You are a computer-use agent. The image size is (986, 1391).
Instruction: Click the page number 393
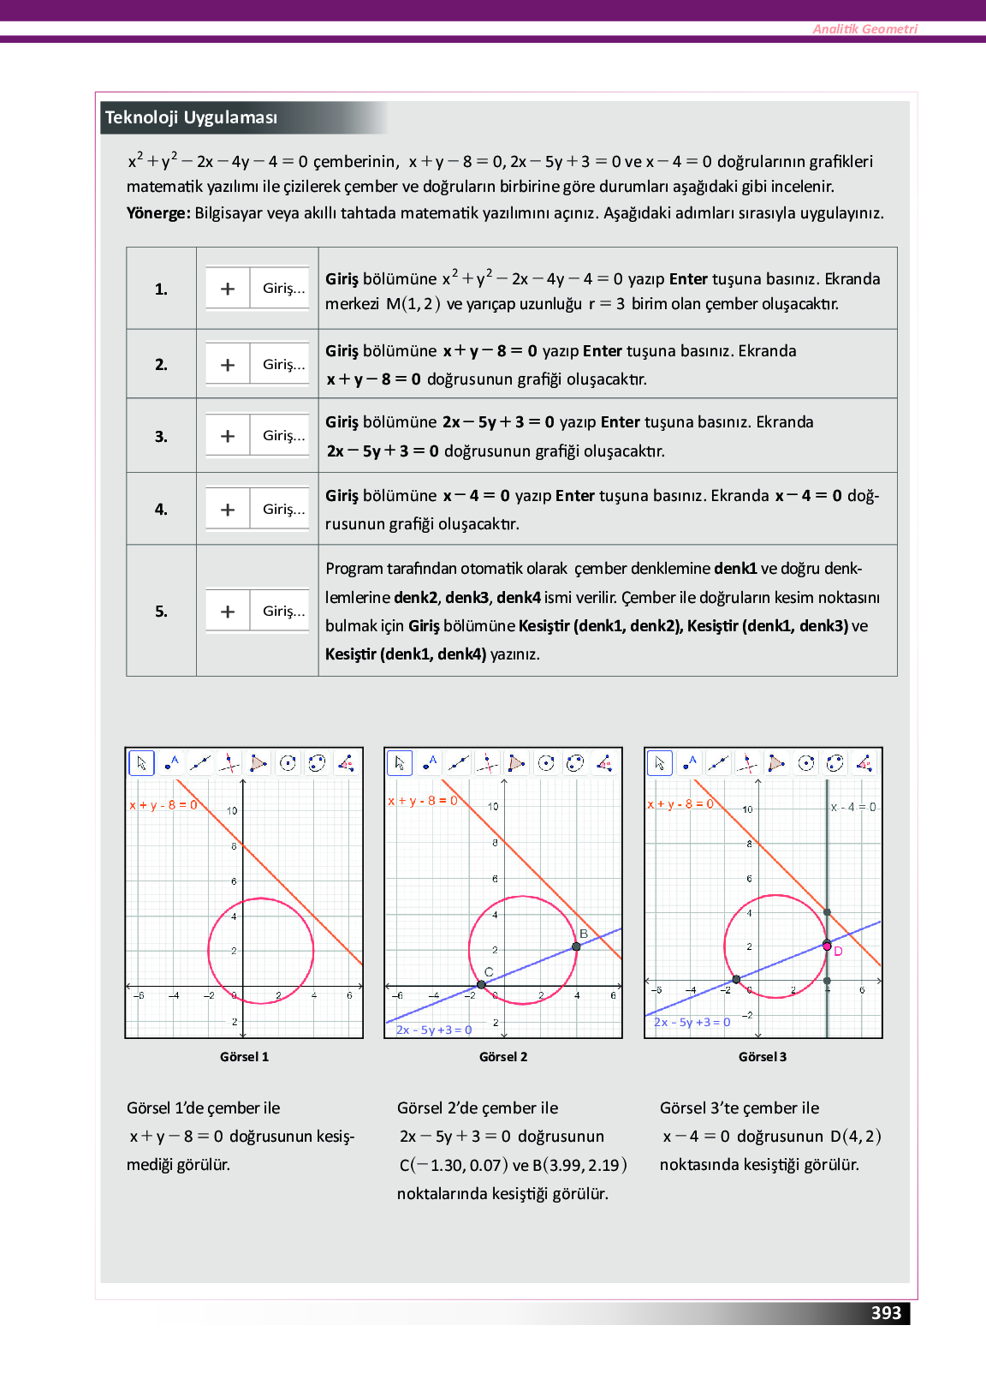coord(886,1313)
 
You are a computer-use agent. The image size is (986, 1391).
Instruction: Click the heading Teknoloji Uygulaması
coord(191,117)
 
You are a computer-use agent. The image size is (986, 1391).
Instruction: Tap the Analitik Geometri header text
coord(864,29)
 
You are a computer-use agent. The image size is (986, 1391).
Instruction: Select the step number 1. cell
coord(161,290)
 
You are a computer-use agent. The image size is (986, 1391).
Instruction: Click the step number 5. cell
coord(161,612)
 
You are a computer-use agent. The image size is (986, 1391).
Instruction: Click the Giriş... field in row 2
coord(282,365)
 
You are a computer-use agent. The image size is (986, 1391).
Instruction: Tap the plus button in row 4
coord(228,510)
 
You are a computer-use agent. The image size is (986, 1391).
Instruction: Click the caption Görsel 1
coord(244,1057)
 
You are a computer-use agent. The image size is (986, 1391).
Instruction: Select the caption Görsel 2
coord(503,1057)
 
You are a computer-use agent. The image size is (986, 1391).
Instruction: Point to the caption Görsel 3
coord(763,1057)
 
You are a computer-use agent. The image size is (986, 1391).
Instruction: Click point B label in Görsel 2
coord(584,934)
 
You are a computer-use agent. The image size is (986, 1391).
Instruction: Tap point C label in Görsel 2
coord(489,972)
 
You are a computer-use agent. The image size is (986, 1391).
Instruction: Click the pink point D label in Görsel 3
coord(839,952)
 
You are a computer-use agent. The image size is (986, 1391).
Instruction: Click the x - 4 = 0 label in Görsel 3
coord(853,807)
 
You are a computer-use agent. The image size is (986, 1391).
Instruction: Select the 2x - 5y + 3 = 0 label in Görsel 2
coord(434,1030)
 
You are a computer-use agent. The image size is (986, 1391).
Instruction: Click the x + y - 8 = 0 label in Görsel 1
coord(163,805)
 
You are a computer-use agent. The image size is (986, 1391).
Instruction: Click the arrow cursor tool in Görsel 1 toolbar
coord(141,762)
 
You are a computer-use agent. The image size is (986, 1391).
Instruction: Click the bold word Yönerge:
coord(158,213)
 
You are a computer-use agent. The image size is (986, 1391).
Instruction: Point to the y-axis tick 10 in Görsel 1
coord(232,810)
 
